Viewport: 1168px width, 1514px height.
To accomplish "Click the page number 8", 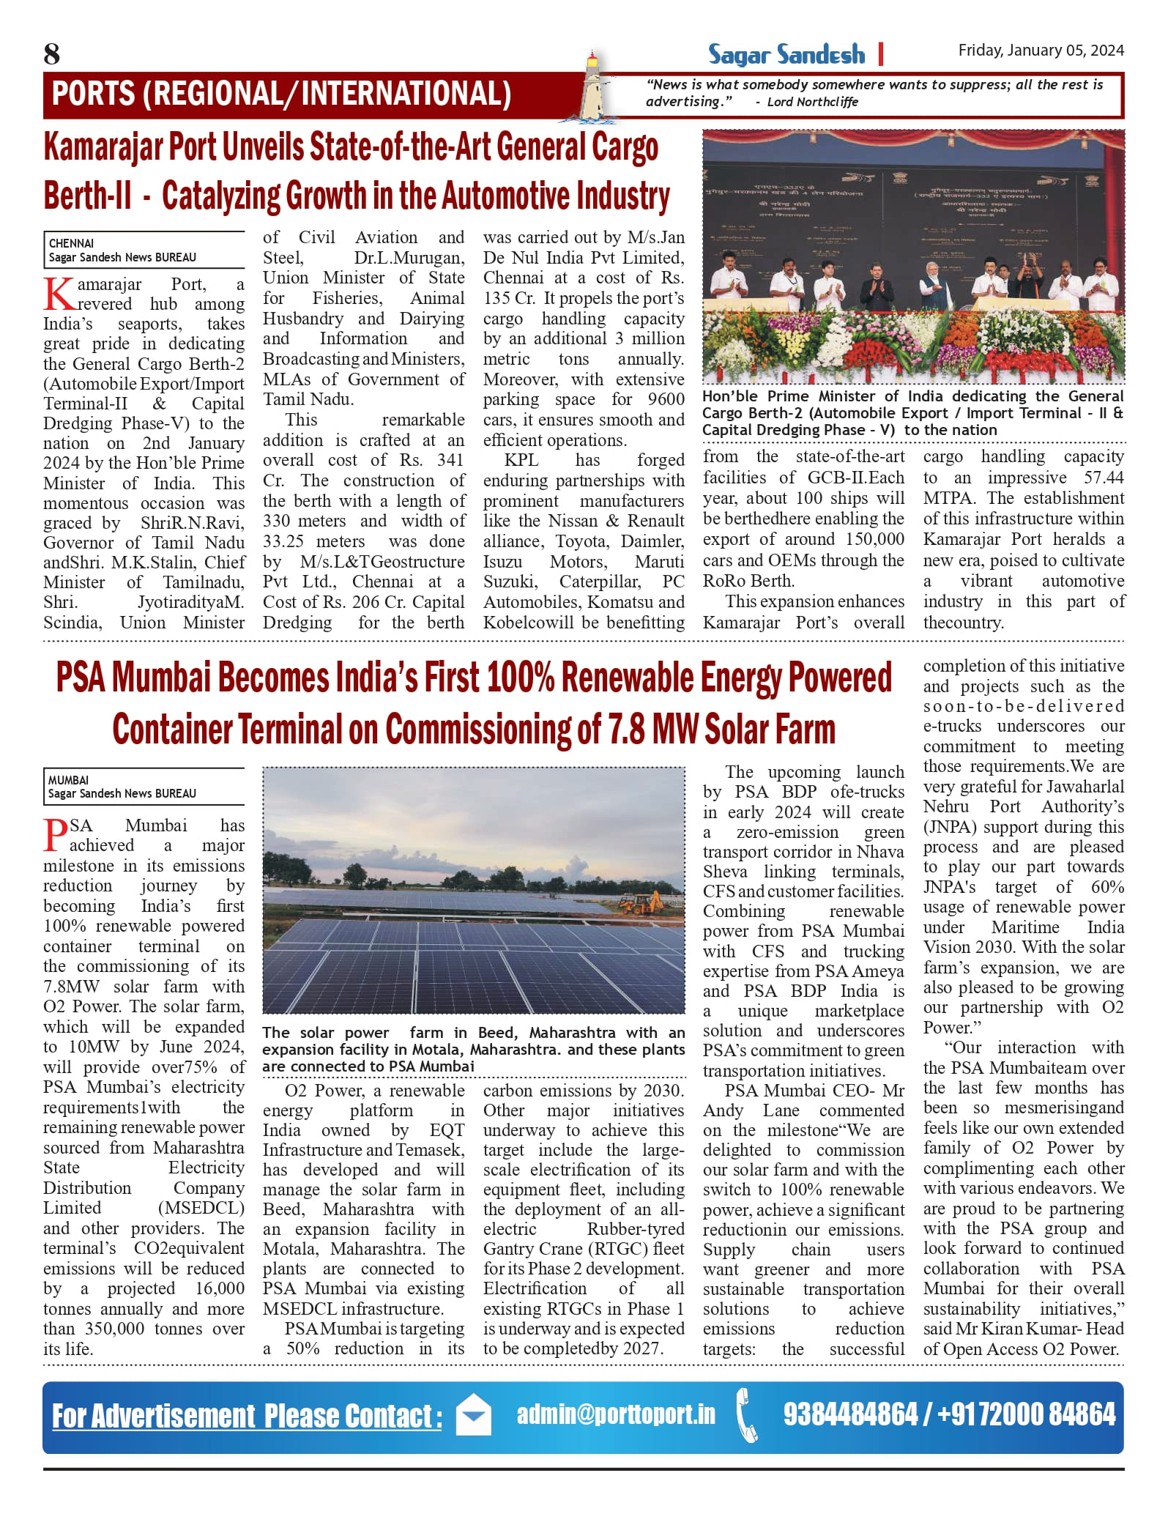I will (51, 54).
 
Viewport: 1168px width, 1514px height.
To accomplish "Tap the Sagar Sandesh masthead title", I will (786, 55).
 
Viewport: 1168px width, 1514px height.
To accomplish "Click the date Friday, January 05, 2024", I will (1041, 50).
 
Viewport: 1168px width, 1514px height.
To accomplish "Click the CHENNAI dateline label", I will (71, 243).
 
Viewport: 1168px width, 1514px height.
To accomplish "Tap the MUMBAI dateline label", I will (68, 780).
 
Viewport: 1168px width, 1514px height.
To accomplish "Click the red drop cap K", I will (59, 294).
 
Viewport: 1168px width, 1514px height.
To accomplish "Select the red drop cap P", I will (56, 834).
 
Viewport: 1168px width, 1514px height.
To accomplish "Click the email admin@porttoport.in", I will (616, 1414).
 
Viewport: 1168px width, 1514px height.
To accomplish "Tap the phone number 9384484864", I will (850, 1414).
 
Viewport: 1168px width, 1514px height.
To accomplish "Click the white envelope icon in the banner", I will (473, 1414).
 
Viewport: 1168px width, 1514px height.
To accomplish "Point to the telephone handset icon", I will (747, 1414).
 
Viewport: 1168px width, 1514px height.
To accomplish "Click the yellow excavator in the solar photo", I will (642, 902).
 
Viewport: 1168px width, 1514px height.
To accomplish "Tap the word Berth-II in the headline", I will (88, 196).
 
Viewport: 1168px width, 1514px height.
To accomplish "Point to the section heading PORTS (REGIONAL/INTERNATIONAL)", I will (282, 94).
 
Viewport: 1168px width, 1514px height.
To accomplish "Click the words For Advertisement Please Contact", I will (247, 1416).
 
